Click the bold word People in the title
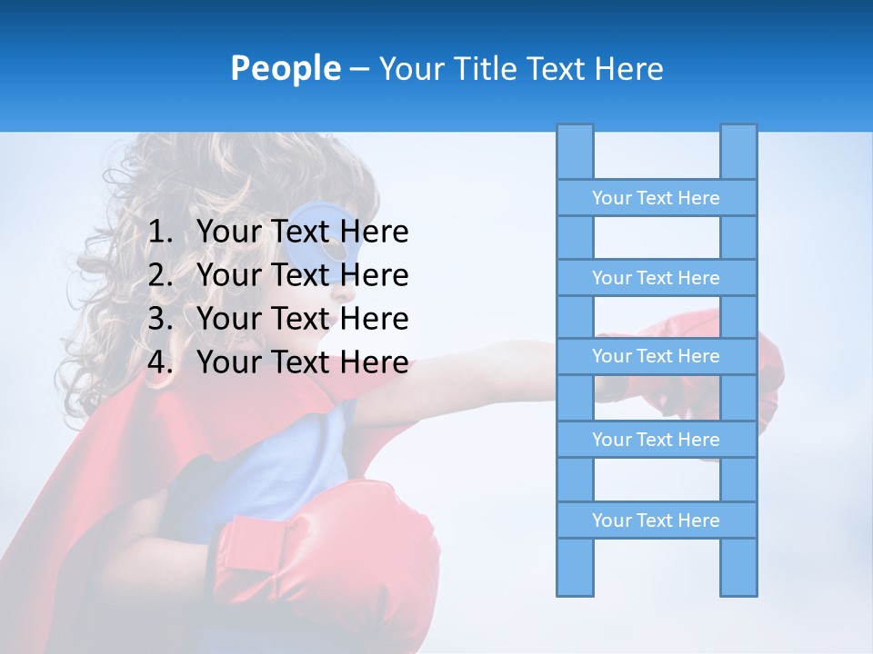point(286,68)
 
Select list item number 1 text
point(302,232)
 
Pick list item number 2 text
point(302,275)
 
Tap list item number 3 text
point(302,319)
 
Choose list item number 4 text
point(302,362)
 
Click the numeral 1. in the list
point(160,232)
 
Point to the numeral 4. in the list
point(160,362)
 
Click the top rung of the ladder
point(656,198)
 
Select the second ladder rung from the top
point(656,278)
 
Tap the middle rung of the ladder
point(656,356)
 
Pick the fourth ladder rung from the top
point(656,440)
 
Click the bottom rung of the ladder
point(656,520)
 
